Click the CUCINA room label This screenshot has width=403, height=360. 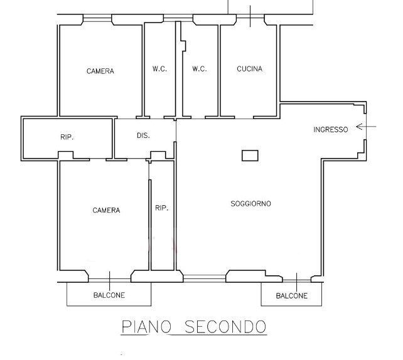pos(250,69)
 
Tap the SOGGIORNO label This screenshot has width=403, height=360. pos(250,204)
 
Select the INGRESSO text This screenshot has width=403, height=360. pos(331,129)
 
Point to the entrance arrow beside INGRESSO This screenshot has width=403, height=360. pos(366,127)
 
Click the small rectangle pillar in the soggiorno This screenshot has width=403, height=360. pos(250,156)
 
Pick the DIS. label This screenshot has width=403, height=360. pos(143,135)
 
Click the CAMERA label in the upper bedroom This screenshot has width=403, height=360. pos(100,71)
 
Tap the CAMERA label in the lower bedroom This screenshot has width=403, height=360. pos(106,210)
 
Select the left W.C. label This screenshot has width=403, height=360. pos(159,69)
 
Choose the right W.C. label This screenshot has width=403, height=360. pos(200,69)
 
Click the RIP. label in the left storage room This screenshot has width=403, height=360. pos(67,137)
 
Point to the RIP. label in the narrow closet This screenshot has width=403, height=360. pos(162,208)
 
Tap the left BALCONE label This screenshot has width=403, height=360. pos(109,295)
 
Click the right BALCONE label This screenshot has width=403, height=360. pos(292,296)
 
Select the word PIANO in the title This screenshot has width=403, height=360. pos(146,327)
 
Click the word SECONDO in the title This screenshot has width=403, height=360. pos(225,327)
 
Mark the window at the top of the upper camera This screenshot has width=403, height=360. pos(97,18)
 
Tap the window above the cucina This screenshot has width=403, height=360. pos(250,16)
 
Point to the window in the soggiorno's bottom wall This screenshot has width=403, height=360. pos(205,278)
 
